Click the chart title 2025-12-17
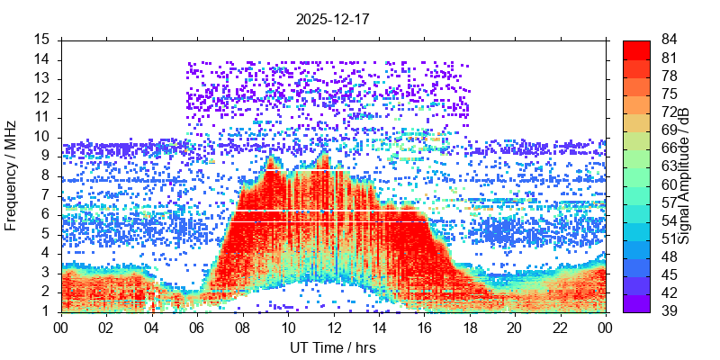coord(333,17)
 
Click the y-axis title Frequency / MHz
coord(13,175)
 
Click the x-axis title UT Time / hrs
coord(333,347)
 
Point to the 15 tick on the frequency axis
coord(41,40)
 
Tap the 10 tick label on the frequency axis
coord(41,137)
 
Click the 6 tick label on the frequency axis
coord(45,214)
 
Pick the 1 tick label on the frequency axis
coord(45,311)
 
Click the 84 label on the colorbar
coord(669,40)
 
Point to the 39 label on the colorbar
coord(669,311)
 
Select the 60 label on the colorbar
coord(669,184)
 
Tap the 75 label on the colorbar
coord(669,94)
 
